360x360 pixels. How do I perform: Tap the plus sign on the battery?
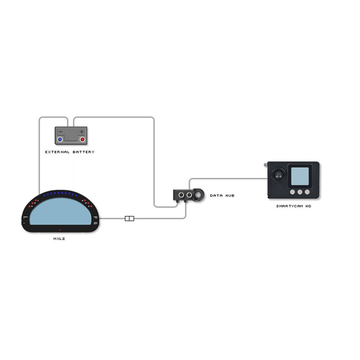[82, 132]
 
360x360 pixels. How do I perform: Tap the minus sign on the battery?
[61, 132]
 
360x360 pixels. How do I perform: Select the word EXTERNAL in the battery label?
[57, 152]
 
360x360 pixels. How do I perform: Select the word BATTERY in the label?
[84, 152]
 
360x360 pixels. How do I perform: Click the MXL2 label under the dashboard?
[59, 239]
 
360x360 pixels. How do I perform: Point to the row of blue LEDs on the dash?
[60, 194]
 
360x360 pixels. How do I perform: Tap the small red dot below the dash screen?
[60, 230]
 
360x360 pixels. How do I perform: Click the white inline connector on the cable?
[129, 219]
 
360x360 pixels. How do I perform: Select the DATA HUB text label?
[222, 195]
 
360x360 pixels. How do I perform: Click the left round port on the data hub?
[181, 195]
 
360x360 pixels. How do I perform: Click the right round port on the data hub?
[189, 195]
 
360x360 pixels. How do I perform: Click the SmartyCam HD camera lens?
[279, 175]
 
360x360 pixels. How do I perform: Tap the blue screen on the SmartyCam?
[300, 176]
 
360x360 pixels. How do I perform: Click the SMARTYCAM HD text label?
[293, 206]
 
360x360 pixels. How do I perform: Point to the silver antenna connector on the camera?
[266, 165]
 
